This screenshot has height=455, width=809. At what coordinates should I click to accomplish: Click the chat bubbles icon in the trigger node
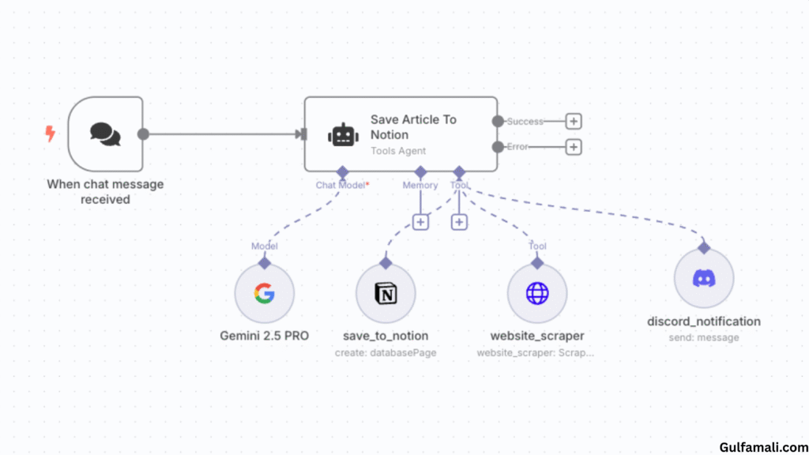point(105,133)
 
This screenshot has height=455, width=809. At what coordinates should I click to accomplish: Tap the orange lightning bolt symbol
point(51,134)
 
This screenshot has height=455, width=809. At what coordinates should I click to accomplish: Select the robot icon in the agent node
point(343,134)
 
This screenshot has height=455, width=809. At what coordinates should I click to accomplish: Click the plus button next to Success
point(574,121)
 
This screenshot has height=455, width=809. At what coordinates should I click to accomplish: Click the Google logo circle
point(265,294)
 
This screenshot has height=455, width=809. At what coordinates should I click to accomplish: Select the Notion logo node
point(386,294)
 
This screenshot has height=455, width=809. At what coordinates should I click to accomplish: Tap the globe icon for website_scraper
point(537,294)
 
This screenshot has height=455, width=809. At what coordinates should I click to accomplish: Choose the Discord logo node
point(704,278)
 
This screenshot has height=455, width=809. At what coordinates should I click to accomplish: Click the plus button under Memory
point(420,222)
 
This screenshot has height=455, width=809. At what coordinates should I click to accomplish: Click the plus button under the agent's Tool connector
point(459,222)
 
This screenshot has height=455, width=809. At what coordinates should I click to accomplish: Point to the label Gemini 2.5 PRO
point(264,336)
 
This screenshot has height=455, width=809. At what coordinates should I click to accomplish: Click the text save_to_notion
point(385,336)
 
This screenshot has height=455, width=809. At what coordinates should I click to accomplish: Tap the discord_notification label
point(704,322)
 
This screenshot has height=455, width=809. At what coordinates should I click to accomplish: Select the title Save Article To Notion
point(413,127)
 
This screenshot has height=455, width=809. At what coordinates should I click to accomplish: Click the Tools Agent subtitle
point(398,151)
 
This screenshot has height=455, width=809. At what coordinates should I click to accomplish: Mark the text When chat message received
point(105,192)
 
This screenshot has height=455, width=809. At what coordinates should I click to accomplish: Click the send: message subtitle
point(704,337)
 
